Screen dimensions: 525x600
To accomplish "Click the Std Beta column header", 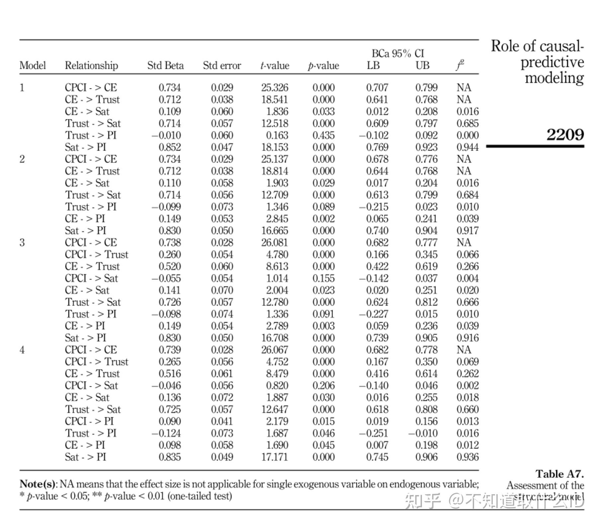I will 165,66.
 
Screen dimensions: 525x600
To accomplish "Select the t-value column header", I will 274,66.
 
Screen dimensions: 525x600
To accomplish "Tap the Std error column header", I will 222,66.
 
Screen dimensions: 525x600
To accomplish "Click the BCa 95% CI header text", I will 398,53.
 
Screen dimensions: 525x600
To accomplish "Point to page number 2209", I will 565,134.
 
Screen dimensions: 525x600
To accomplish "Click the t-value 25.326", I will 274,87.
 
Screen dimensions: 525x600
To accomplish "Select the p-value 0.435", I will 323,135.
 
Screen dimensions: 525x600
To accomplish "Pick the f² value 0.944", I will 467,147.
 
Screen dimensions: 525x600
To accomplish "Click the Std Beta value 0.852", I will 169,147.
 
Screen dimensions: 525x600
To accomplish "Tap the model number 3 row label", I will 22,242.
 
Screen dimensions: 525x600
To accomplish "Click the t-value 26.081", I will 274,242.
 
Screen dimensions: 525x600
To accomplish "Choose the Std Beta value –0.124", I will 166,433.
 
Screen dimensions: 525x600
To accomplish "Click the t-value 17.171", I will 274,457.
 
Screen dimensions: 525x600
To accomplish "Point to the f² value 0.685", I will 467,123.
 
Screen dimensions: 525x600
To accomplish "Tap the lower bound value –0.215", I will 373,207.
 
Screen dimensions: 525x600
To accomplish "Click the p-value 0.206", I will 323,385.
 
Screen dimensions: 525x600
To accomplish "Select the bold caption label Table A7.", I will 559,474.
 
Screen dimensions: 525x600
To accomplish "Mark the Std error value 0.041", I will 222,421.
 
